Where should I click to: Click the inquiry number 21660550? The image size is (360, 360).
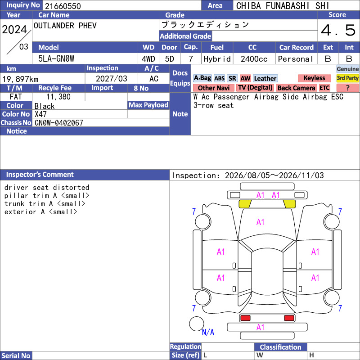(x=63, y=6)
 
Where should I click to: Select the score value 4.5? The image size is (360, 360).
(x=338, y=30)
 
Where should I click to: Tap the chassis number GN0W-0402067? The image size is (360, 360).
(x=59, y=123)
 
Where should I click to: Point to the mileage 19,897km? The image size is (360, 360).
(x=20, y=79)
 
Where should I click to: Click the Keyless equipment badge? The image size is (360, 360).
(x=314, y=78)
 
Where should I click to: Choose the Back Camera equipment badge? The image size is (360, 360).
(x=297, y=88)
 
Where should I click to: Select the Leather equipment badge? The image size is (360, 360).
(x=265, y=78)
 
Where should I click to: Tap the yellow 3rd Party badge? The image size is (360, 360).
(x=347, y=78)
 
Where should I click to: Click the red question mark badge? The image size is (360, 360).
(x=347, y=88)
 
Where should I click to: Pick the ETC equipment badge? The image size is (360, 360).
(x=324, y=88)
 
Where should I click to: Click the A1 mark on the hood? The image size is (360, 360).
(x=260, y=222)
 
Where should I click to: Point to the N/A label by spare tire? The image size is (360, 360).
(x=208, y=332)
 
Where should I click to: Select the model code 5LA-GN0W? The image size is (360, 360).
(x=56, y=59)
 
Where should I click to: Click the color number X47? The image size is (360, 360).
(x=40, y=114)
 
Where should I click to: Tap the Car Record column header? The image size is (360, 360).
(x=297, y=47)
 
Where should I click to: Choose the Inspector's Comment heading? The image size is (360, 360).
(x=40, y=175)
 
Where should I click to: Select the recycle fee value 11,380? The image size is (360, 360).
(x=58, y=97)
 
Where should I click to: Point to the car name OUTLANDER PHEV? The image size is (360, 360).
(x=65, y=26)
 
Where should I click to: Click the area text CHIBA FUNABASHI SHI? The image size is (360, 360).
(x=283, y=6)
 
